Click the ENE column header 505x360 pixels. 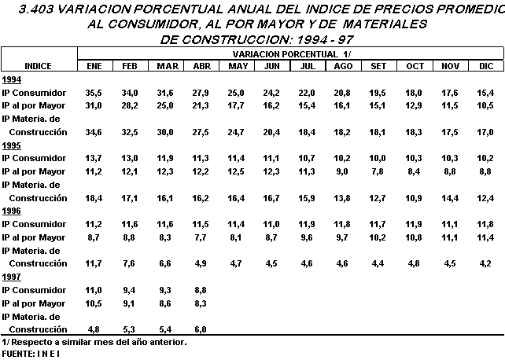94,66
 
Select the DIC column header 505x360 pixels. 485,66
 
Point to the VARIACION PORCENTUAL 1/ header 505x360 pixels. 290,53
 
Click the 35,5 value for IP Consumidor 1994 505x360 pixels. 94,93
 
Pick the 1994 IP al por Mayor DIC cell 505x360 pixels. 485,105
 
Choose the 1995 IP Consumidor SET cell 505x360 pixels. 378,159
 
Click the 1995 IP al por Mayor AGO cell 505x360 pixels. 343,171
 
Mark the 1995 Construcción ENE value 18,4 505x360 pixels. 94,198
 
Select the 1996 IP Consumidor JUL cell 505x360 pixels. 307,224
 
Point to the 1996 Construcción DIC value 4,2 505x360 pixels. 487,264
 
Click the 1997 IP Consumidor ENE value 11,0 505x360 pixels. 94,290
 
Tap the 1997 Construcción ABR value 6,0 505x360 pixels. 201,329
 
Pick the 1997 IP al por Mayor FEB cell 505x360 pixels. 130,303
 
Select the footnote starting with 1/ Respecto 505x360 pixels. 94,342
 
